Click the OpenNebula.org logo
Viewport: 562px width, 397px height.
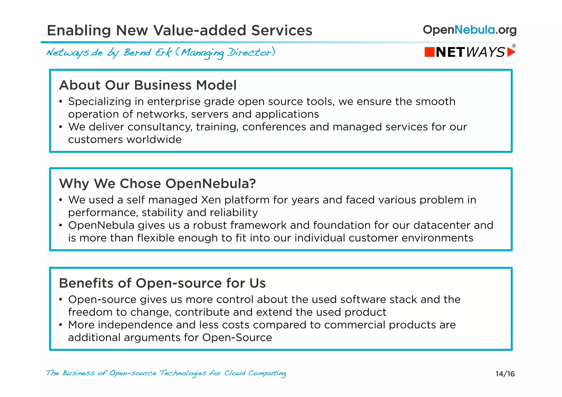470,30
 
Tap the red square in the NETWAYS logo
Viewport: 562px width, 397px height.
429,52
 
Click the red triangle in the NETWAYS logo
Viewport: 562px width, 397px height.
511,52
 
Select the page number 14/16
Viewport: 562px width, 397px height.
505,374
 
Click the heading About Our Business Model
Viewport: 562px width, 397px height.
148,85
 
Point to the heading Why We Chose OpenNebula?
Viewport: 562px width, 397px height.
157,183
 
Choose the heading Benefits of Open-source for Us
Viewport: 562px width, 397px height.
162,283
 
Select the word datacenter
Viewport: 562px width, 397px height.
442,225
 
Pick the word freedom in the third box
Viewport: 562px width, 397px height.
90,312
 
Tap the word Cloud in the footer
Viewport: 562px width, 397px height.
235,373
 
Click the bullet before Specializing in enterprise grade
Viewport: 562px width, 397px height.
61,102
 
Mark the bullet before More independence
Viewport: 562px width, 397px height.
61,325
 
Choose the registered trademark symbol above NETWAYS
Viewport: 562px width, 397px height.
514,46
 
